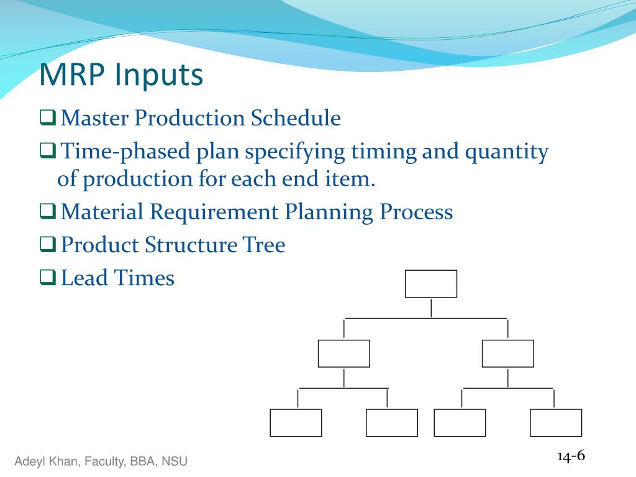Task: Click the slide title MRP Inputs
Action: coord(121,75)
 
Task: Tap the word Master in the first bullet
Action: coord(94,118)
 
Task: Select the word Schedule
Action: coord(296,118)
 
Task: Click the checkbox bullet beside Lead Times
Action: coord(47,278)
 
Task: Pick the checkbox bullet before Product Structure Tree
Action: coord(47,244)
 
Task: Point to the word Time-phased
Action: coord(125,152)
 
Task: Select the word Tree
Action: coord(263,245)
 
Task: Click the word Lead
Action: coord(84,278)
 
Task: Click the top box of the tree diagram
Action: coord(431,284)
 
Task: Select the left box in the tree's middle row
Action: coord(344,353)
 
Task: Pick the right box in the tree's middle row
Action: coord(508,353)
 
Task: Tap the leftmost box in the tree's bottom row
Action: coord(296,422)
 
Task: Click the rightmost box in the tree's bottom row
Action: coord(556,422)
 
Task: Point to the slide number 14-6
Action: coord(571,456)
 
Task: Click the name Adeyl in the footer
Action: coord(28,461)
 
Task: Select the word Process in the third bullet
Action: coord(416,212)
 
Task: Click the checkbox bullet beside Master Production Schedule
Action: coord(47,117)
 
